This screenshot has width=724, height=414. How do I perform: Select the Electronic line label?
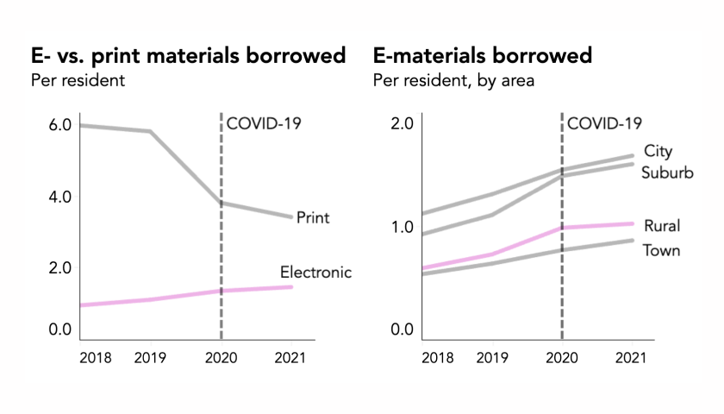[x=315, y=273]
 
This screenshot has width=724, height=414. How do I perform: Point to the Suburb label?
[x=668, y=172]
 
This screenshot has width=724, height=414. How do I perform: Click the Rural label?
[x=661, y=226]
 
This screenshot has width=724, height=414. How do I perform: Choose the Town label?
[x=661, y=250]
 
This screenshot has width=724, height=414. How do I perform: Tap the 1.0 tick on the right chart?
[x=403, y=227]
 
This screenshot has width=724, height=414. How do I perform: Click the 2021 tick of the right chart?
[x=632, y=357]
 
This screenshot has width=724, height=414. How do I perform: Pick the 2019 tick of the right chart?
[x=493, y=357]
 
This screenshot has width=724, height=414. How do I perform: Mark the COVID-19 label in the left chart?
[x=262, y=122]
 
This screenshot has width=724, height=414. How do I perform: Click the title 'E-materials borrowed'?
[x=483, y=57]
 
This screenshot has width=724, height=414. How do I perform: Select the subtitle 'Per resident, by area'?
[x=453, y=81]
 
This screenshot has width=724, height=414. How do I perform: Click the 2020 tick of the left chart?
[x=222, y=357]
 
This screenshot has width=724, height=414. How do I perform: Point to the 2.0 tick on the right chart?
[x=403, y=122]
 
